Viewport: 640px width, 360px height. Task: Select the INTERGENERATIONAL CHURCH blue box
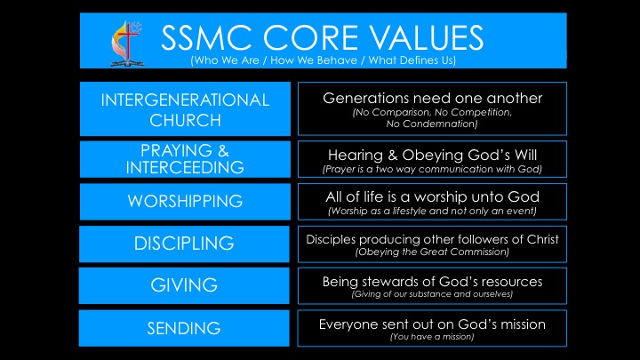[x=185, y=109]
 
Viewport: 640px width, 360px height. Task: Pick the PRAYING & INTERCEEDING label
[x=185, y=158]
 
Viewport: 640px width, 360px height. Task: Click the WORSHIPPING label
[x=185, y=201]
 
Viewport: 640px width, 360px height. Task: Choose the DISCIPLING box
[x=185, y=244]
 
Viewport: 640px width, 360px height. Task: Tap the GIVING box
[x=185, y=285]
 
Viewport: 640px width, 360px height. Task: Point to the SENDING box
[x=185, y=328]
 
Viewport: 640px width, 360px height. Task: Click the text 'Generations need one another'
[x=432, y=98]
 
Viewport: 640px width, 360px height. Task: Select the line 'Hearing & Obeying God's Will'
[x=432, y=153]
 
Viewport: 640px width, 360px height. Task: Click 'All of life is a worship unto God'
[x=432, y=196]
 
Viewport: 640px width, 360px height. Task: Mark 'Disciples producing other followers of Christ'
[x=432, y=238]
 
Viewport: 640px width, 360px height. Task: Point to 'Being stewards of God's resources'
[x=432, y=281]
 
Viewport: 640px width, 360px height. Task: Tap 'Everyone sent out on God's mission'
[x=432, y=324]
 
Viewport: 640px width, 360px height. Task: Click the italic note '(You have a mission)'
[x=432, y=337]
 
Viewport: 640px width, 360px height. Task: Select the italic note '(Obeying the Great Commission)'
[x=432, y=252]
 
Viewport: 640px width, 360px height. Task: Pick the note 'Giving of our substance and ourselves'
[x=432, y=293]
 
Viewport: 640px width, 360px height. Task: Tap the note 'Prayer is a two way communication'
[x=432, y=168]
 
